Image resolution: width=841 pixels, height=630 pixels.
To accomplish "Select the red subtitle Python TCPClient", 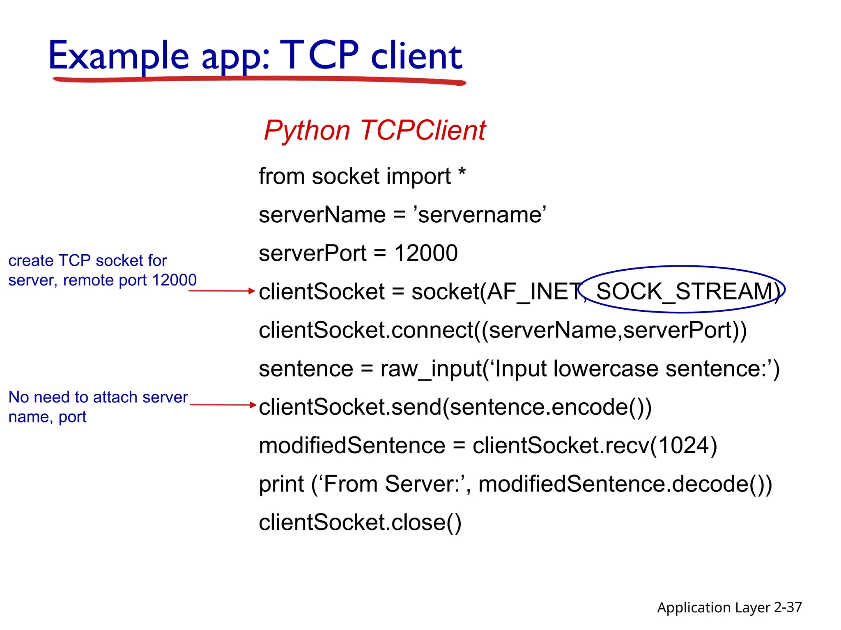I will (375, 130).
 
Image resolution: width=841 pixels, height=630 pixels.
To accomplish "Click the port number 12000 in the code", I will (426, 253).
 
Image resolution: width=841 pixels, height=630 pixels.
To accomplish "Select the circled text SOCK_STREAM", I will (685, 291).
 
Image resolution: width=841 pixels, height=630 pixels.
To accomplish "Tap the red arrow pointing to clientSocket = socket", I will (222, 291).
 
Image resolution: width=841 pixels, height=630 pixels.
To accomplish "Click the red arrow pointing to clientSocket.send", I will (223, 405).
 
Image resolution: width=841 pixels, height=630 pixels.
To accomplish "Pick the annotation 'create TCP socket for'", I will (87, 260).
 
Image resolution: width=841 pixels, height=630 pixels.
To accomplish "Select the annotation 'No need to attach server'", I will (98, 397).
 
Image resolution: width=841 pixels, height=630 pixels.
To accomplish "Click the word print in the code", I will (281, 484).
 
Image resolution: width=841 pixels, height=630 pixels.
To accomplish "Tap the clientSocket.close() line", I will (360, 523).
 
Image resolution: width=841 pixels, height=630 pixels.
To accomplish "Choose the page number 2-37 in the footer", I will (788, 607).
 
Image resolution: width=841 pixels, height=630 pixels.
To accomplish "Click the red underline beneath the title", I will (259, 79).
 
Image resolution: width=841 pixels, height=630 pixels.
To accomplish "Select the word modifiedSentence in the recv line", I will (352, 445).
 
